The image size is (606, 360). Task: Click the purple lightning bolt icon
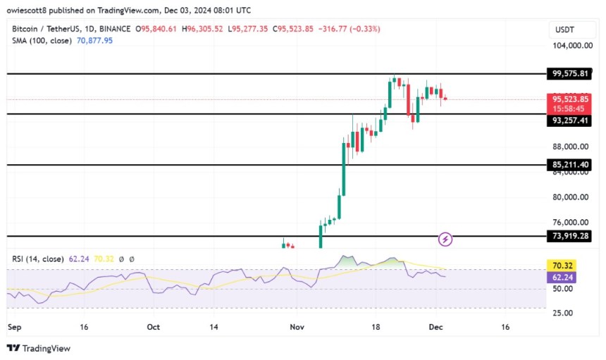coord(445,240)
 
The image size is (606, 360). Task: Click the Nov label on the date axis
coord(297,328)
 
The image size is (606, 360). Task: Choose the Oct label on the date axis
coord(154,328)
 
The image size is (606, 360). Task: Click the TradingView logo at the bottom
coord(39,348)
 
